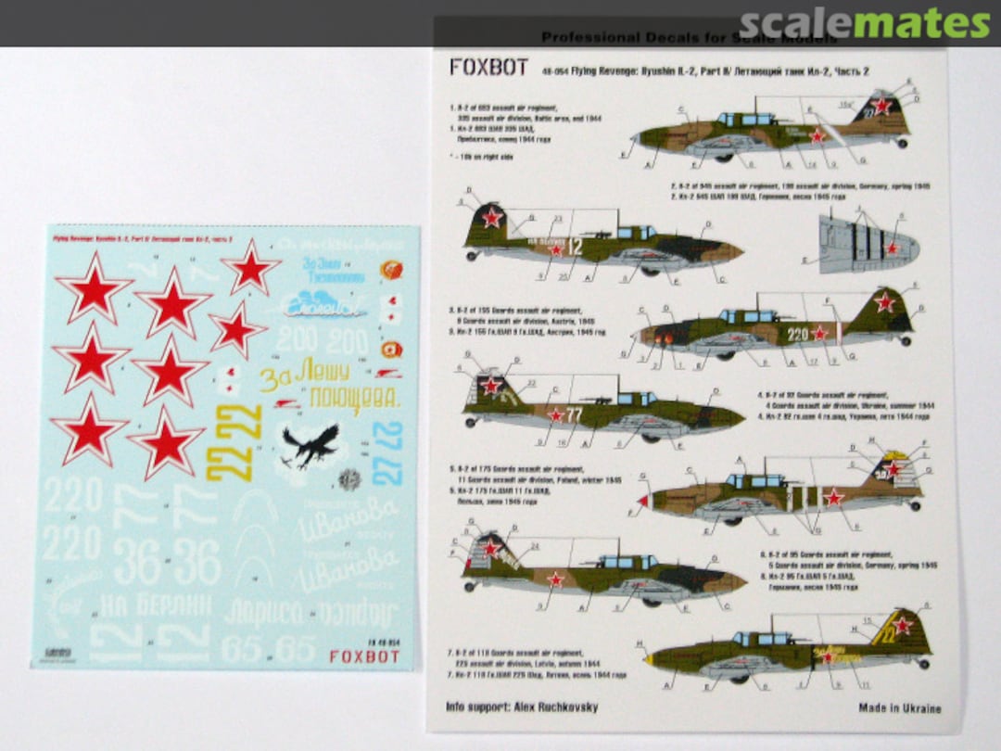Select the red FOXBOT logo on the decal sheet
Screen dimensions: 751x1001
(x=364, y=656)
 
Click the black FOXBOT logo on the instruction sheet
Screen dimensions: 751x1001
(x=475, y=68)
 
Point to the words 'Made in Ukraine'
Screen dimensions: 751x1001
(x=899, y=708)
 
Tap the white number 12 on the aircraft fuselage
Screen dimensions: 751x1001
(x=575, y=247)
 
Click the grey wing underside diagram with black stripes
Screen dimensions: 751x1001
(x=867, y=243)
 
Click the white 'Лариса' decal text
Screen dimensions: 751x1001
(x=263, y=612)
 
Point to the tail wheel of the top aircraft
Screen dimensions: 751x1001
(x=904, y=143)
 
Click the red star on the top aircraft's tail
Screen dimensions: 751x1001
(x=882, y=107)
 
